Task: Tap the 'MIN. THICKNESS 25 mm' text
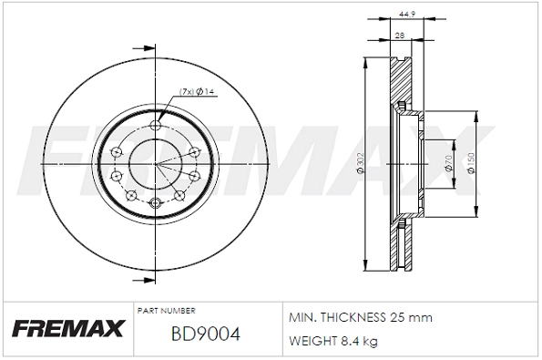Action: tap(360, 318)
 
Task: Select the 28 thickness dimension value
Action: tap(400, 35)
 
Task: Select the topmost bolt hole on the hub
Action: tap(155, 127)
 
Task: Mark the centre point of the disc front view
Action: tap(155, 164)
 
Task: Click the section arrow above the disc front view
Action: tap(141, 47)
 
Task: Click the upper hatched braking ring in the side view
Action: tap(400, 82)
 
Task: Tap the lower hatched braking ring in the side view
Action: tap(400, 246)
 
